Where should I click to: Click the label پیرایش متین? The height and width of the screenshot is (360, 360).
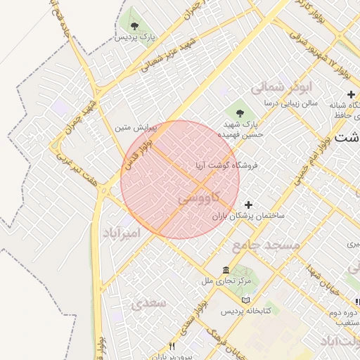(131, 129)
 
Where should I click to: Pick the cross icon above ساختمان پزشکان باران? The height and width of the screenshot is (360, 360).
(246, 205)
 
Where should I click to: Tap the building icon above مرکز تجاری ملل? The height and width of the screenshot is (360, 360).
(225, 271)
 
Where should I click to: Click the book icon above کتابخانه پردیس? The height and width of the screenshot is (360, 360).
(245, 300)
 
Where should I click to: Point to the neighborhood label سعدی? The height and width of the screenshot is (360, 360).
(148, 303)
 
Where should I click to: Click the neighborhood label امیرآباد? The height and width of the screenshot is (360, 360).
(122, 232)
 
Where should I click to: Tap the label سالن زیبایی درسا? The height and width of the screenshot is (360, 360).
(290, 103)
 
